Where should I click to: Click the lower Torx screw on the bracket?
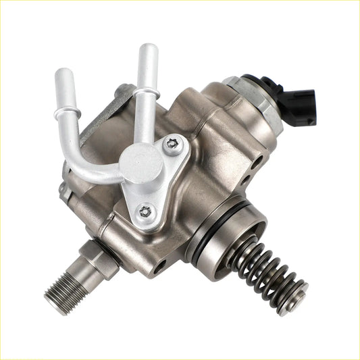coord(144,211)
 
